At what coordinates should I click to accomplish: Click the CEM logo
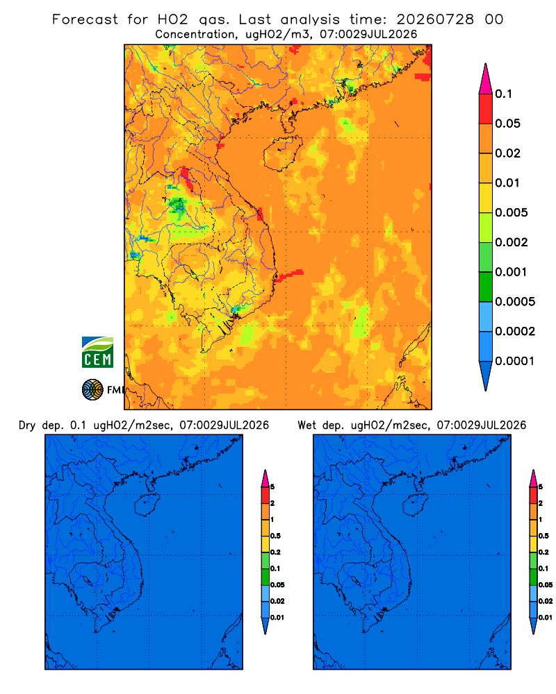(x=97, y=352)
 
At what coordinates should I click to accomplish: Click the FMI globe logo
(x=92, y=389)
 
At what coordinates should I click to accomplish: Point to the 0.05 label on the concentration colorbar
(x=507, y=124)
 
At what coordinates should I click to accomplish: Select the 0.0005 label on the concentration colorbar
(x=515, y=301)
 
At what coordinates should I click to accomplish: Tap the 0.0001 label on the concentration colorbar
(x=515, y=361)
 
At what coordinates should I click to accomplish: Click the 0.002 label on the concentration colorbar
(x=512, y=242)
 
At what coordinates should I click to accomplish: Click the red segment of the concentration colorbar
(x=486, y=109)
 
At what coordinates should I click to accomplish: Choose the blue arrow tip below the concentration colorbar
(x=486, y=375)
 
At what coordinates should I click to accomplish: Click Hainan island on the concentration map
(x=282, y=153)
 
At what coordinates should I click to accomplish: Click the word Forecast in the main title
(x=85, y=19)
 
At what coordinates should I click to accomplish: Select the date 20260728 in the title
(x=435, y=19)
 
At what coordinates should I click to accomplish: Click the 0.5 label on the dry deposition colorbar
(x=275, y=536)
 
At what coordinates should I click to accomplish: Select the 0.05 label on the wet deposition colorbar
(x=546, y=584)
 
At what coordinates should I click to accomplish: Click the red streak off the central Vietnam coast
(x=288, y=276)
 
